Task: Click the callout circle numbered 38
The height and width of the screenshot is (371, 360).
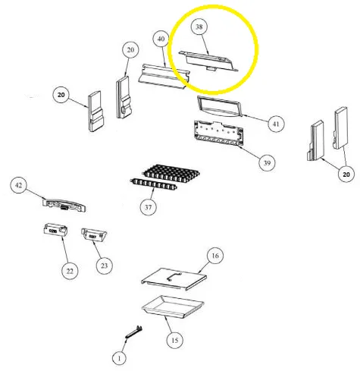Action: [199, 27]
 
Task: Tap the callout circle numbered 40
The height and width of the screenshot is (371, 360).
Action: [161, 39]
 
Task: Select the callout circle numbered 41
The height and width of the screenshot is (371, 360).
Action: [276, 124]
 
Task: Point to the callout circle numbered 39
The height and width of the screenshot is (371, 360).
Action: [267, 162]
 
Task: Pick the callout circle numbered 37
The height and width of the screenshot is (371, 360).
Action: [148, 207]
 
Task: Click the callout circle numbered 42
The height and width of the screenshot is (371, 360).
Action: [18, 185]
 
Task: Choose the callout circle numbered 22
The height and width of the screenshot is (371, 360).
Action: [70, 271]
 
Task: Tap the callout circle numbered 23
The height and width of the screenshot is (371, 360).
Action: [104, 266]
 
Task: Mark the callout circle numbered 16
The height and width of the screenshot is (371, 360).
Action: [215, 256]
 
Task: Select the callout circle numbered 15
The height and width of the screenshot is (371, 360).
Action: [175, 340]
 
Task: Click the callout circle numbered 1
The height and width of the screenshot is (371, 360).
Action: [119, 358]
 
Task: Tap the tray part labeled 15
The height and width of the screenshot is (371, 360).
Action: [173, 307]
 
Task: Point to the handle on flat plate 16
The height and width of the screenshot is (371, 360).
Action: [174, 276]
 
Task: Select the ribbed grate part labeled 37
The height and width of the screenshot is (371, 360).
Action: [164, 177]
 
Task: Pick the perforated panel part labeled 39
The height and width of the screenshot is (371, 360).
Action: [218, 134]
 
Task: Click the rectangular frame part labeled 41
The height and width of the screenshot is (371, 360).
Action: [219, 106]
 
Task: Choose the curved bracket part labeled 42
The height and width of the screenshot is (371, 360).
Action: [64, 205]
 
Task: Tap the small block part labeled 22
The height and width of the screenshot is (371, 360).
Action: [55, 230]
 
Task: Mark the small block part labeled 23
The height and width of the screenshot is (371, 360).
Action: [94, 235]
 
